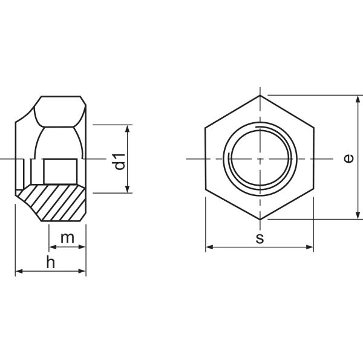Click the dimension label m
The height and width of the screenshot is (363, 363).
pos(67,238)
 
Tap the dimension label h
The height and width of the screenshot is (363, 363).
pos(51,262)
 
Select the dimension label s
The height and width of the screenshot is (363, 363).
pos(260,238)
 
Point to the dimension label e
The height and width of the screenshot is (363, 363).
pos(348,159)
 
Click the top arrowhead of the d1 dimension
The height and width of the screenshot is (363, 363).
pos(127,128)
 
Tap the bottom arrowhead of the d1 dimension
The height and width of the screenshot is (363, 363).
pos(127,189)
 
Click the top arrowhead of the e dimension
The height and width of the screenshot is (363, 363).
pos(358,99)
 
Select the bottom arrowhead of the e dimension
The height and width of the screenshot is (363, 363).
pos(358,215)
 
